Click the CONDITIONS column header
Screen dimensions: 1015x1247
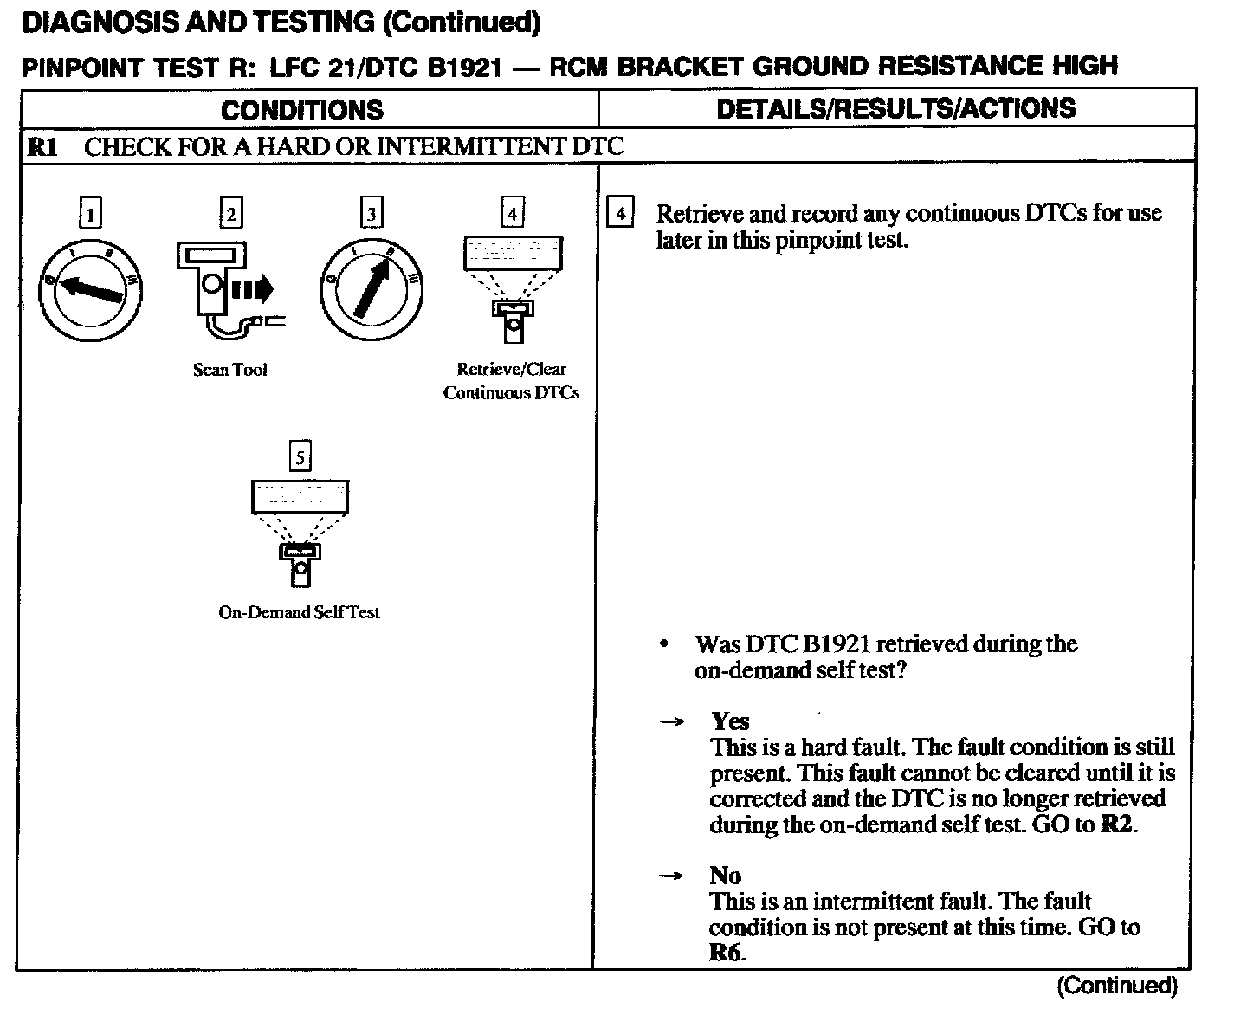(301, 110)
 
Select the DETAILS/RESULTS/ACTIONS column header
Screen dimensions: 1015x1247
(896, 108)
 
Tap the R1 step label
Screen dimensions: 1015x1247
(42, 146)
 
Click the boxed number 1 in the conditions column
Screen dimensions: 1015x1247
(90, 213)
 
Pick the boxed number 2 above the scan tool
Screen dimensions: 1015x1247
(230, 213)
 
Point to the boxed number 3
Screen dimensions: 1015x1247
(372, 213)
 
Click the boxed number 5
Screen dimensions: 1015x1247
(300, 457)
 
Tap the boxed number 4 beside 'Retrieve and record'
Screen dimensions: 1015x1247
(620, 213)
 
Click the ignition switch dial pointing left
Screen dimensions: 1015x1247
(90, 290)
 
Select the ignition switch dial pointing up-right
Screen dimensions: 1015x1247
(372, 290)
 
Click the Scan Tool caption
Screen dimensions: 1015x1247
(229, 370)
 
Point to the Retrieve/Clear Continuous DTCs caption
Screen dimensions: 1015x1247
(511, 381)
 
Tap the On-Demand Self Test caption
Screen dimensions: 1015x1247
(299, 612)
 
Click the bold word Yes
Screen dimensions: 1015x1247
(730, 721)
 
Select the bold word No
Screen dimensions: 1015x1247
(726, 876)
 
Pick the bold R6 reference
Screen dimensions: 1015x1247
(726, 954)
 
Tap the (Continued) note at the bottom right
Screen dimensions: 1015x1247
(1117, 986)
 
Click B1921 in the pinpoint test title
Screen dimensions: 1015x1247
(464, 67)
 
